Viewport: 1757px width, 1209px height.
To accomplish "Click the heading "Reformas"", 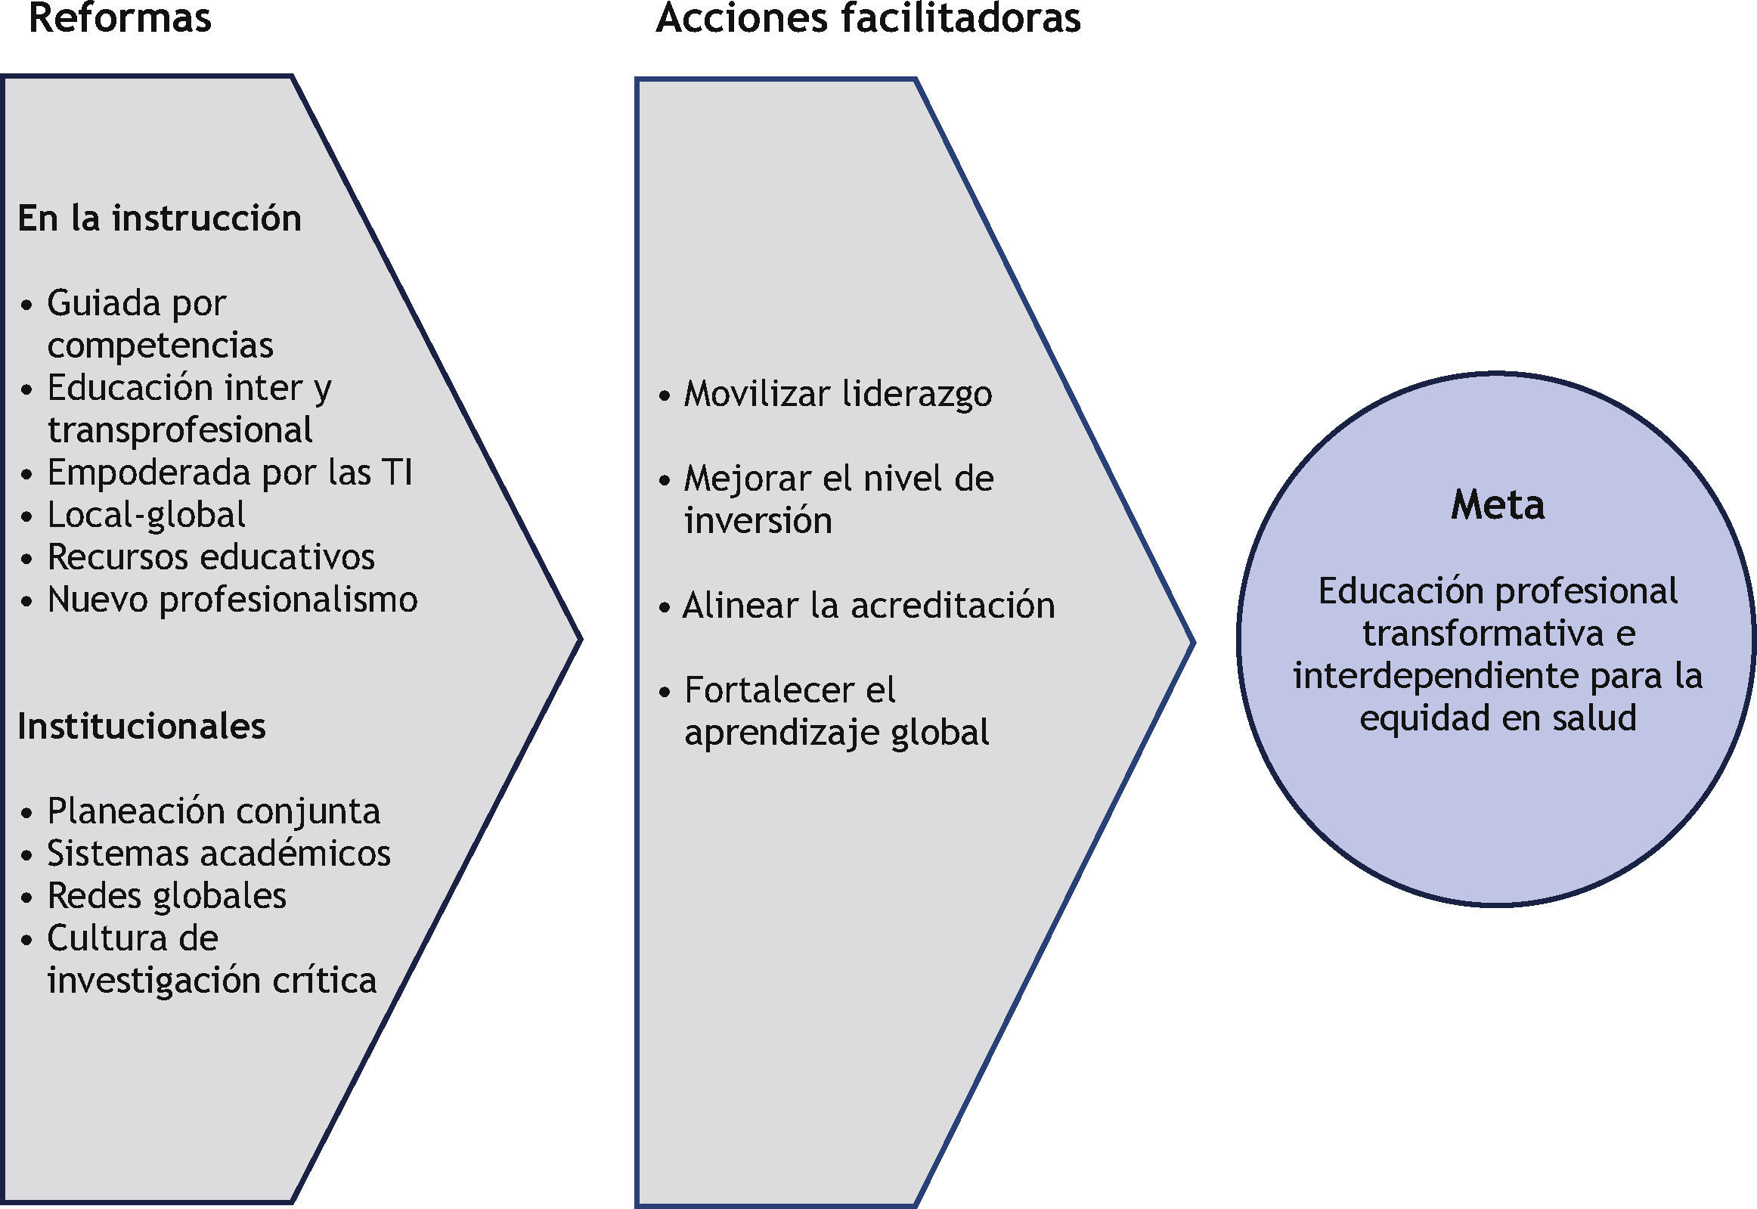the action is click(119, 18).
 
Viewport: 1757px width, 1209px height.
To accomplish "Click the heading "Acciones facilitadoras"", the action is click(868, 18).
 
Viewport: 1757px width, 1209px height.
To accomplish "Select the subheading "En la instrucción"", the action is click(159, 219).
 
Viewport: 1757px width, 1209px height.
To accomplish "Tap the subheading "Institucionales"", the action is click(141, 726).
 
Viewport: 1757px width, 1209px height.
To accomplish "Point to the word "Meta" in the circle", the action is click(1497, 504).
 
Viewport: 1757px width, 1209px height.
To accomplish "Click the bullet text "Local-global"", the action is click(146, 515).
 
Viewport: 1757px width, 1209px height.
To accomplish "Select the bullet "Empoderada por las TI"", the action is click(230, 473).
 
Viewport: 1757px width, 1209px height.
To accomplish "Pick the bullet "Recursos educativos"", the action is click(210, 557).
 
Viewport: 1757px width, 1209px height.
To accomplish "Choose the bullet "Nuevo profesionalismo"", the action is click(232, 600).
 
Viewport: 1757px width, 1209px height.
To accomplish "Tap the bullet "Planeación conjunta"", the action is click(213, 811).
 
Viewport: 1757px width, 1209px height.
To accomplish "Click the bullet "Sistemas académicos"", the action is click(218, 854).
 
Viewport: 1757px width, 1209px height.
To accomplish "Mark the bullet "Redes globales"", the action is click(166, 896).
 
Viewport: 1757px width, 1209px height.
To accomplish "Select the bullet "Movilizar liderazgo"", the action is click(837, 394).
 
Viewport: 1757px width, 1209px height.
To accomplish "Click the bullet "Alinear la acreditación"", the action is click(868, 606).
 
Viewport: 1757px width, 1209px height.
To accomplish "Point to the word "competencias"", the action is click(160, 346).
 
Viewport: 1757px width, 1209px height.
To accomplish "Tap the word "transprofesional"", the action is click(180, 430).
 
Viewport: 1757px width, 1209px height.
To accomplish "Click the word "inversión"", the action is click(758, 521).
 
